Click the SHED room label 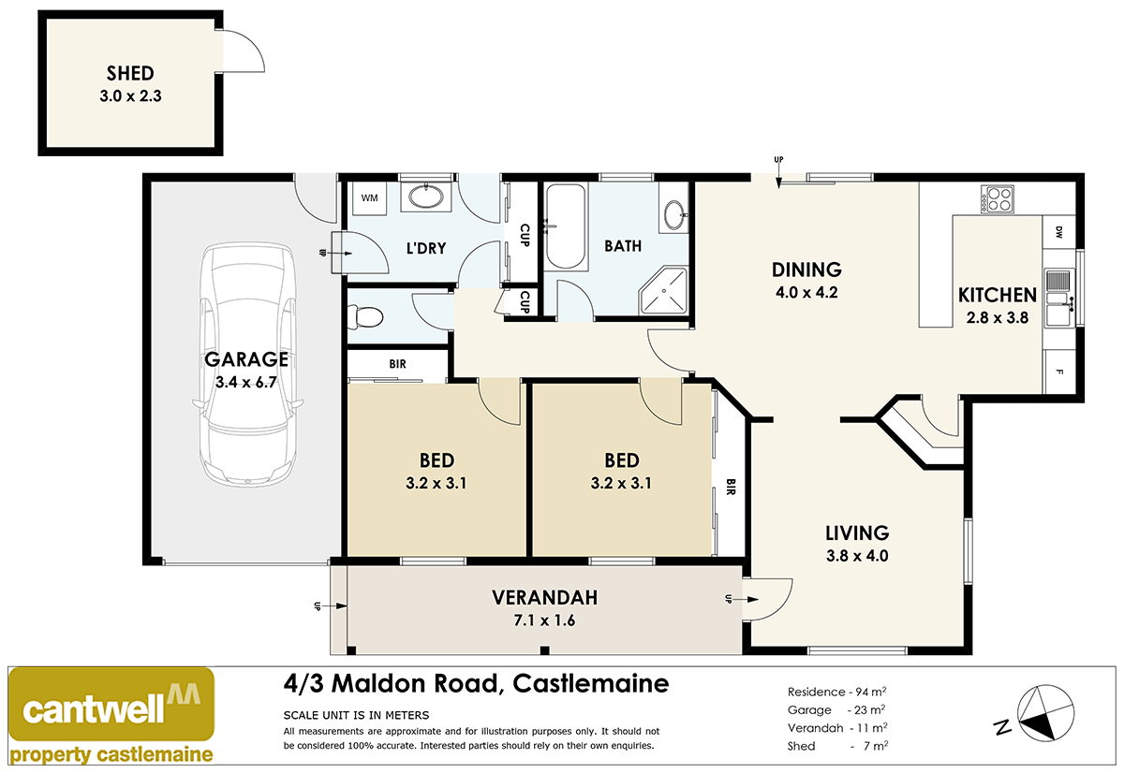pyautogui.click(x=129, y=73)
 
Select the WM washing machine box pyautogui.click(x=369, y=197)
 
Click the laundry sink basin pyautogui.click(x=427, y=197)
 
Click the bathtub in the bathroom pyautogui.click(x=565, y=226)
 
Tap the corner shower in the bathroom pyautogui.click(x=663, y=290)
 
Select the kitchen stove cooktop pyautogui.click(x=997, y=198)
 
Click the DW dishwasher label pyautogui.click(x=1058, y=231)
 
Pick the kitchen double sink pyautogui.click(x=1058, y=298)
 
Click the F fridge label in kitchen pyautogui.click(x=1058, y=371)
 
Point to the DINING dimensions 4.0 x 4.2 pyautogui.click(x=806, y=291)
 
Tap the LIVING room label pyautogui.click(x=856, y=532)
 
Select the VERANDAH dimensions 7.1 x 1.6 pyautogui.click(x=545, y=619)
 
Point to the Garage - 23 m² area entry pyautogui.click(x=837, y=709)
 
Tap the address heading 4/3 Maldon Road pyautogui.click(x=476, y=684)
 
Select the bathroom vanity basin pyautogui.click(x=673, y=215)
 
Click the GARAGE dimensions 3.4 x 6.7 pyautogui.click(x=247, y=381)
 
